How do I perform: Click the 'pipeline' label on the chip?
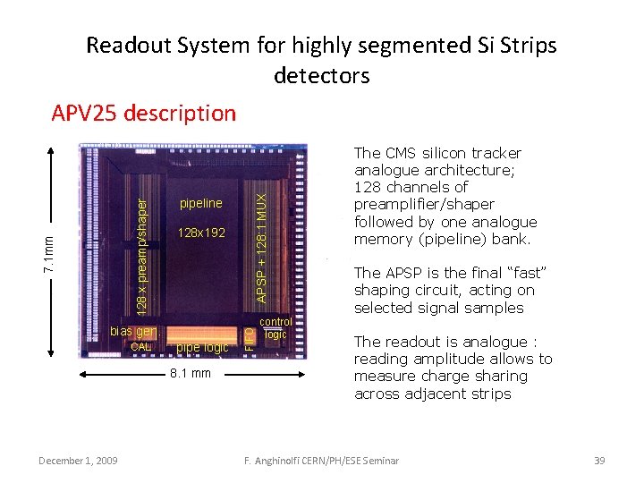(x=200, y=203)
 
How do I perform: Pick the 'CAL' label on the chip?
(x=141, y=347)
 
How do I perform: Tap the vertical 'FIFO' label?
(x=250, y=337)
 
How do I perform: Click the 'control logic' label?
(x=275, y=327)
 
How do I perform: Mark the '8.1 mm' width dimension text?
(x=191, y=373)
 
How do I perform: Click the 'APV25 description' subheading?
(x=143, y=114)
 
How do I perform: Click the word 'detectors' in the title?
(x=321, y=75)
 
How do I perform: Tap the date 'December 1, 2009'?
(x=80, y=461)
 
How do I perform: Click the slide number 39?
(x=599, y=461)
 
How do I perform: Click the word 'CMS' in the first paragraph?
(x=402, y=153)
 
